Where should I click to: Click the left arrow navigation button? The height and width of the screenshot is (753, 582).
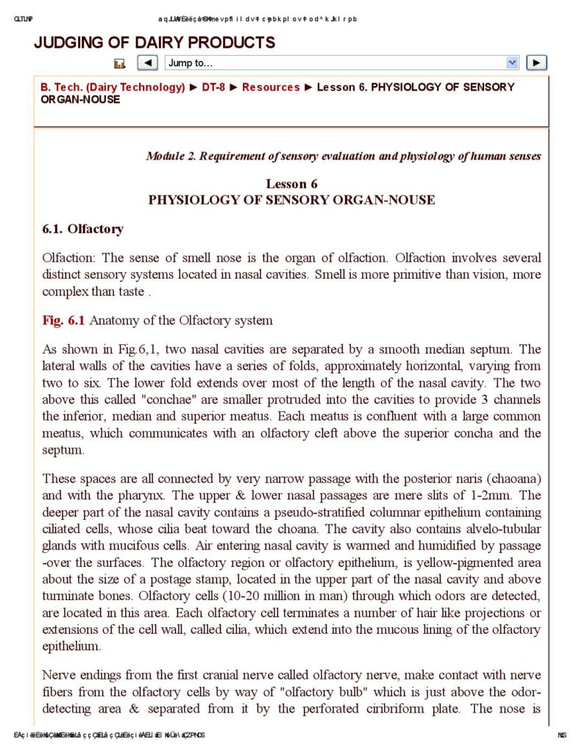point(147,63)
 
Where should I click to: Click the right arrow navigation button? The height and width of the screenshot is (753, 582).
point(538,63)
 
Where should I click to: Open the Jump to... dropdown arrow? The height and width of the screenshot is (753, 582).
point(512,63)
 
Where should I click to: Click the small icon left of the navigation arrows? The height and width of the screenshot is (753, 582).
point(121,64)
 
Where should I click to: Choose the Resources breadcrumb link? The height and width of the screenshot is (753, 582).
point(271,88)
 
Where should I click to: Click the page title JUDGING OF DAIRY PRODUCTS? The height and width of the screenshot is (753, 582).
point(155,43)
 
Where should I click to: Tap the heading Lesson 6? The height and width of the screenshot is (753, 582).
point(291,184)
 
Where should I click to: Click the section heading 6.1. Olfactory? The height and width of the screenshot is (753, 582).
point(82,229)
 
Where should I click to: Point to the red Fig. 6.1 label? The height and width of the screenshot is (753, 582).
point(64,320)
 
